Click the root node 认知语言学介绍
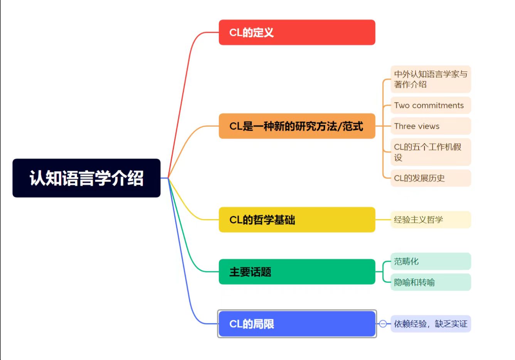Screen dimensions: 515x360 pyautogui.click(x=86, y=178)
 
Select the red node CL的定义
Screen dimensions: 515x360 pyautogui.click(x=297, y=32)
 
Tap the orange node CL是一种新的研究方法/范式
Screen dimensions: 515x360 pyautogui.click(x=297, y=126)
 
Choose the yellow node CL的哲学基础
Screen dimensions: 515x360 pyautogui.click(x=297, y=220)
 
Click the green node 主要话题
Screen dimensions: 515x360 pyautogui.click(x=297, y=272)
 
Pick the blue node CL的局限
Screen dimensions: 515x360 pyautogui.click(x=297, y=324)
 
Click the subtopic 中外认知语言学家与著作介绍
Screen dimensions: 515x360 pyautogui.click(x=431, y=79)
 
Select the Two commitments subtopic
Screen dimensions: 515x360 pyautogui.click(x=431, y=105)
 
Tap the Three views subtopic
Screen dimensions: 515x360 pyautogui.click(x=431, y=126)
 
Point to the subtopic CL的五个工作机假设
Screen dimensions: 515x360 pyautogui.click(x=431, y=152)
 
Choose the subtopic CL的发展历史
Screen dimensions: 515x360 pyautogui.click(x=431, y=178)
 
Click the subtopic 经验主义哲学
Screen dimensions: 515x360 pyautogui.click(x=431, y=220)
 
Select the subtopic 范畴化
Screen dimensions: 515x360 pyautogui.click(x=431, y=261)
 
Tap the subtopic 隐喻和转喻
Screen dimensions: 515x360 pyautogui.click(x=431, y=282)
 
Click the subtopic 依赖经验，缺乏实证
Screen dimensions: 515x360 pyautogui.click(x=431, y=324)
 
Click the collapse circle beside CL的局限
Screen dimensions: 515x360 pyautogui.click(x=383, y=324)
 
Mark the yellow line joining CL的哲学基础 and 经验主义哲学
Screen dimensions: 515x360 pyautogui.click(x=383, y=220)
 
